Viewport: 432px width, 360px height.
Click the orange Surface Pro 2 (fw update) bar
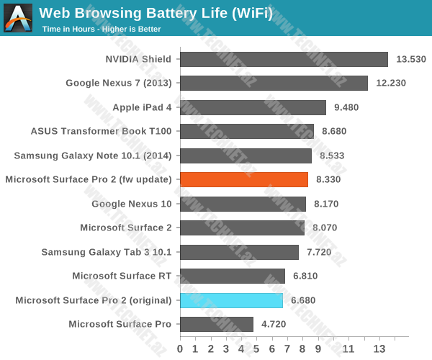(244, 180)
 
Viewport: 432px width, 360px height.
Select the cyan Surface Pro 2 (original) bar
(231, 300)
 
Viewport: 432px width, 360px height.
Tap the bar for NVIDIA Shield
(284, 59)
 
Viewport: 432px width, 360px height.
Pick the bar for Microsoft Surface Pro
(216, 324)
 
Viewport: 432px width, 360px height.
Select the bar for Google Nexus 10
(243, 204)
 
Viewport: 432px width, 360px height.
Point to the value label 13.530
(410, 59)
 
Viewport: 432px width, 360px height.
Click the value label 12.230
(390, 83)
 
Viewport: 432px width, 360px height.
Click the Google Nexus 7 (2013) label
(119, 83)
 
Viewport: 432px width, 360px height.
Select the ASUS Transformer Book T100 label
(102, 131)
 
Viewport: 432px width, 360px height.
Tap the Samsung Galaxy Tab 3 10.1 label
(107, 252)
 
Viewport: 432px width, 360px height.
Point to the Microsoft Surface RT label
(122, 276)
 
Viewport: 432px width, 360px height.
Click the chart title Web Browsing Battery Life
(156, 12)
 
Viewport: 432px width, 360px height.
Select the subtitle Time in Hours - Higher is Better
(101, 30)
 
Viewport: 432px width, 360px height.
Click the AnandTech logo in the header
(18, 18)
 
